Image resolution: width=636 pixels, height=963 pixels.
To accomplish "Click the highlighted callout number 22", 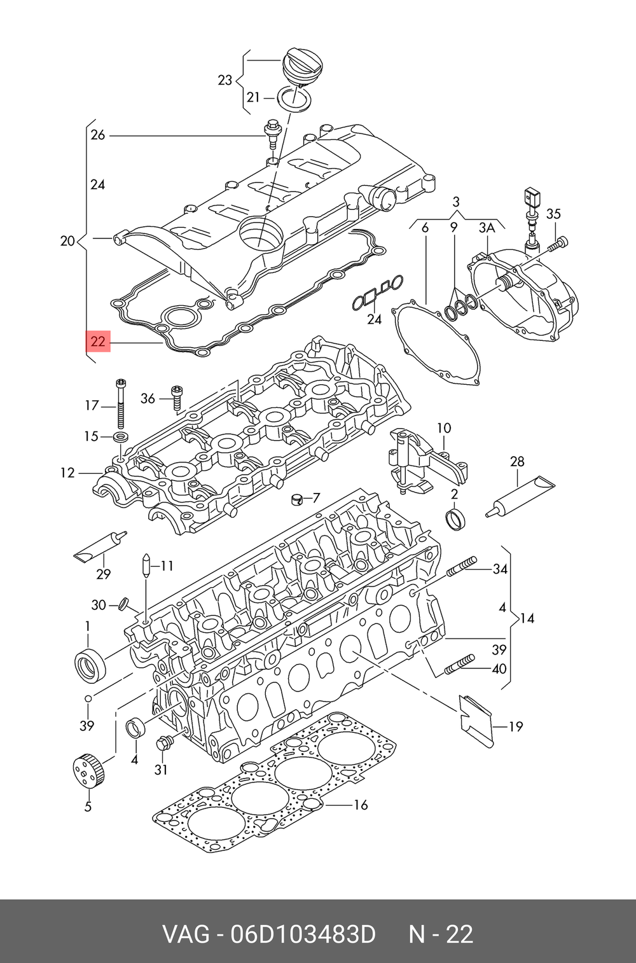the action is tap(98, 342).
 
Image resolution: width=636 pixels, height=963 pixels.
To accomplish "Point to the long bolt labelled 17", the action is tap(120, 404).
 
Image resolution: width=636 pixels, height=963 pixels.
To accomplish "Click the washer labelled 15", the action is tap(120, 438).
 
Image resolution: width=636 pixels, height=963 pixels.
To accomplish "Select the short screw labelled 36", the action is tap(177, 398).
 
